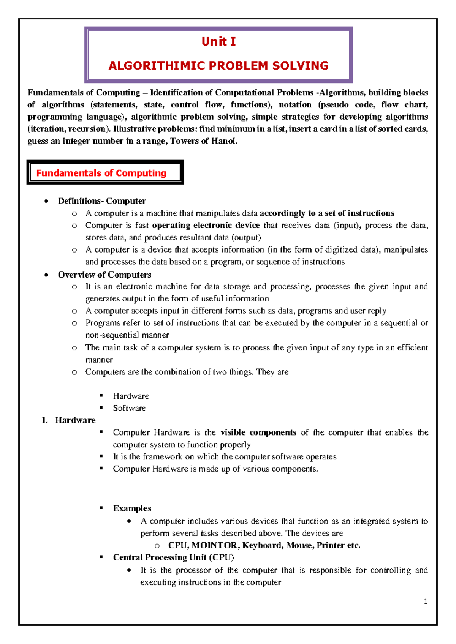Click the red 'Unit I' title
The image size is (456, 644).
[218, 41]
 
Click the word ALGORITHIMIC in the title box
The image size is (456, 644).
[157, 66]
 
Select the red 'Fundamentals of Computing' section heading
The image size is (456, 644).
[101, 173]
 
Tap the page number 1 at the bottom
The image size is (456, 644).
[426, 601]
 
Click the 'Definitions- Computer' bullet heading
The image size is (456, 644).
[102, 201]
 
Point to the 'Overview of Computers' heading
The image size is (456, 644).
[104, 275]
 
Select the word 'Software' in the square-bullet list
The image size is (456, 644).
[129, 408]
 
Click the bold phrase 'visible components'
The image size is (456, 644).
[258, 432]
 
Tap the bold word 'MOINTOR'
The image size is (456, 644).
[214, 545]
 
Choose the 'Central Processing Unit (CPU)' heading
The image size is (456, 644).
[174, 557]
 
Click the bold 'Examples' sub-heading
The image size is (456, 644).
[132, 508]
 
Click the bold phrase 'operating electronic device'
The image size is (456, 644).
[206, 225]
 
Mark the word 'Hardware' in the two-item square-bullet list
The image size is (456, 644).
[131, 396]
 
